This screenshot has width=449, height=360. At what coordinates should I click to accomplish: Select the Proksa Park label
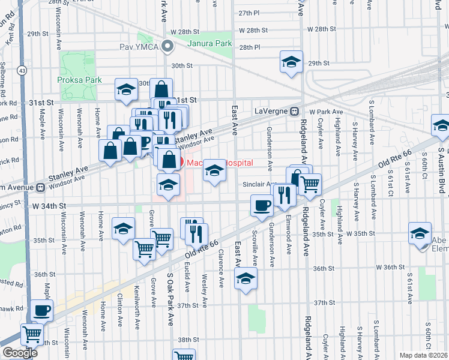tap(79, 80)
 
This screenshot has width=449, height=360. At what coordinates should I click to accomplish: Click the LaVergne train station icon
tap(295, 112)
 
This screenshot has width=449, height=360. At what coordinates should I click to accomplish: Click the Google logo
tap(20, 353)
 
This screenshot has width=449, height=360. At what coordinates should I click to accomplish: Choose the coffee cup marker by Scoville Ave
tap(261, 206)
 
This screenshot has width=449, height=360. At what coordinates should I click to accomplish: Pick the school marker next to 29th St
tap(291, 62)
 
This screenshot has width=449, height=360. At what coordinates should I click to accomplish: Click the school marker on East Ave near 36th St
tap(245, 278)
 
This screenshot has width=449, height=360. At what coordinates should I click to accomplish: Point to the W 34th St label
tap(44, 206)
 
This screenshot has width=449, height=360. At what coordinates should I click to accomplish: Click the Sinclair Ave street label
tap(259, 185)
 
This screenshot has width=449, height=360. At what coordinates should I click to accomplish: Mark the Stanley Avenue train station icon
tap(41, 187)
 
